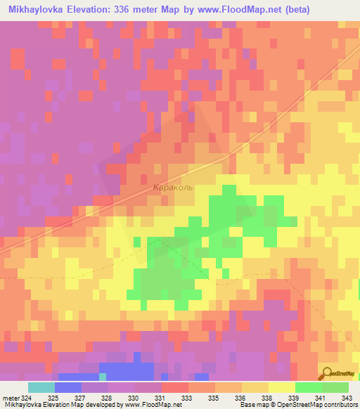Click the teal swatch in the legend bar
(41, 387)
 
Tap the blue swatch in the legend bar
(67, 387)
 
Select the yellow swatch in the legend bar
(281, 387)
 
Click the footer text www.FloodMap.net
(145, 405)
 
